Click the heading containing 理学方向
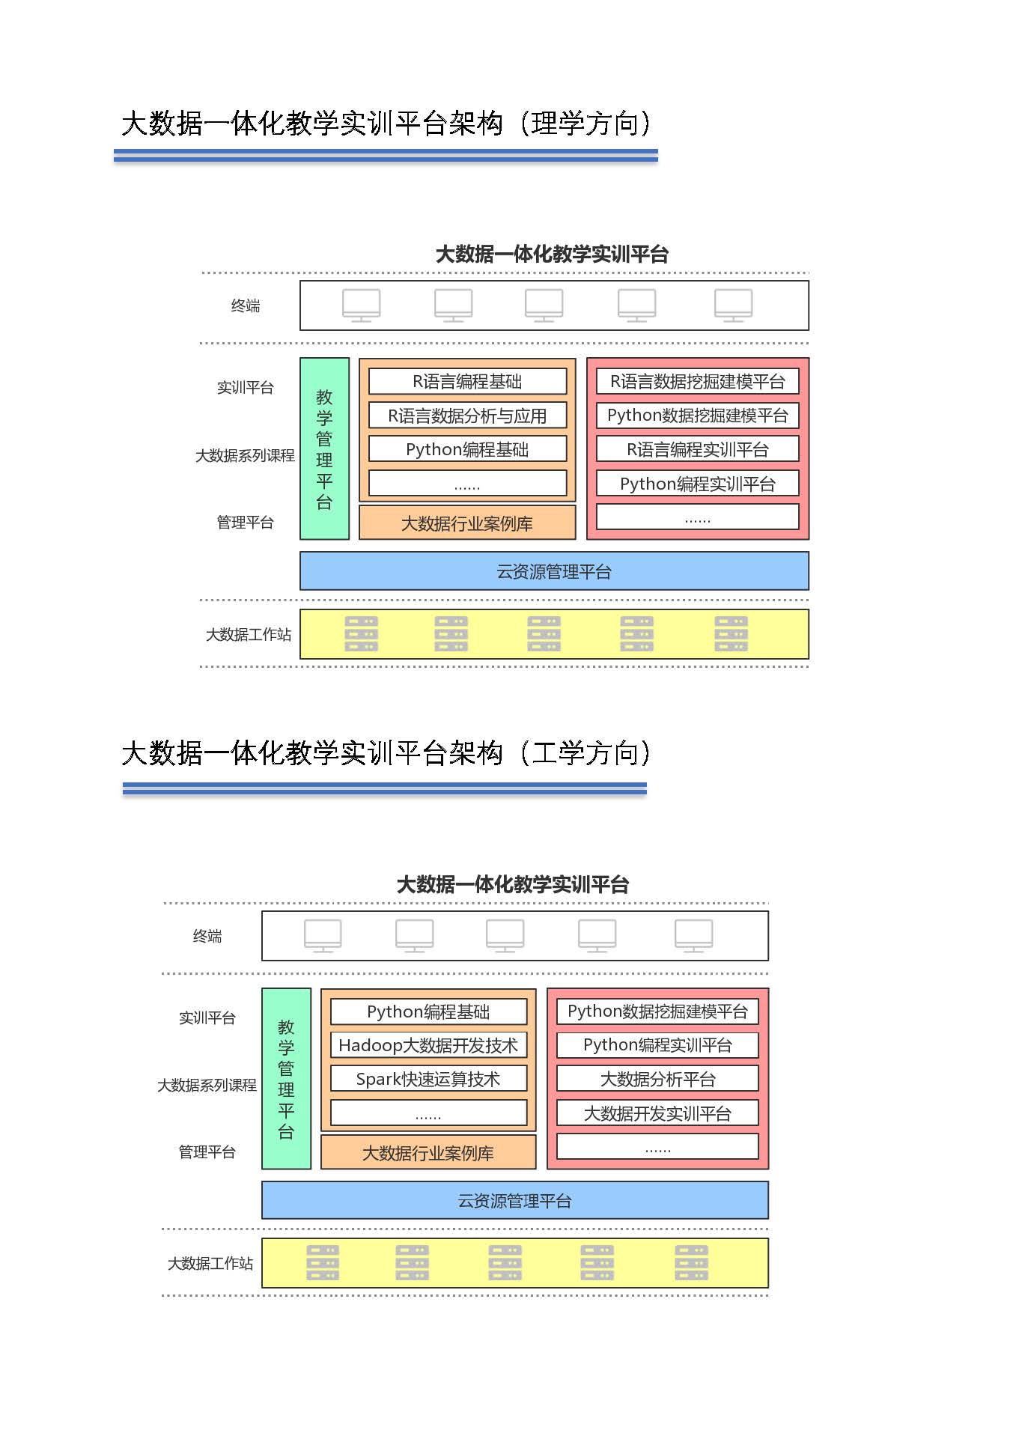(x=386, y=124)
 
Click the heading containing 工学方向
(x=386, y=753)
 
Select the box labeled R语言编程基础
(x=467, y=381)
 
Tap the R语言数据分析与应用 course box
(x=467, y=416)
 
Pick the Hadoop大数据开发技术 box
(x=428, y=1045)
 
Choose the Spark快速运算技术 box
(x=428, y=1079)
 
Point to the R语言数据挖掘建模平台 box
(x=697, y=381)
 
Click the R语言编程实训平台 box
(x=697, y=449)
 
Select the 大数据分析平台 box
(x=657, y=1079)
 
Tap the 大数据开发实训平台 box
(x=657, y=1113)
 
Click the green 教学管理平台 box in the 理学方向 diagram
(x=324, y=448)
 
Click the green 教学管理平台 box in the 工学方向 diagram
(x=286, y=1079)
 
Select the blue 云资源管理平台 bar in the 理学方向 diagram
(x=554, y=571)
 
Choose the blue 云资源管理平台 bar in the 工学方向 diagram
(x=515, y=1201)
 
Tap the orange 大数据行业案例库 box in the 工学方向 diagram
(x=428, y=1152)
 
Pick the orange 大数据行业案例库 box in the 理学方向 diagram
(x=467, y=523)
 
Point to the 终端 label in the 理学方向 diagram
(x=246, y=305)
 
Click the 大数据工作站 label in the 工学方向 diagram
(x=210, y=1264)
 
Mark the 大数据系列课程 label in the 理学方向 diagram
(x=245, y=455)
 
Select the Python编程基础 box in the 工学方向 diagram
(x=428, y=1011)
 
